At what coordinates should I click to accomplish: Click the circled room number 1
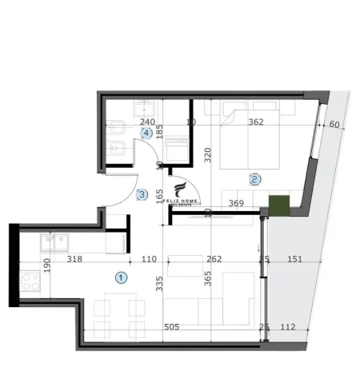pyautogui.click(x=121, y=277)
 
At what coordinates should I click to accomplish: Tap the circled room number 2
pyautogui.click(x=254, y=179)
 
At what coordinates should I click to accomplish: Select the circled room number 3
pyautogui.click(x=142, y=193)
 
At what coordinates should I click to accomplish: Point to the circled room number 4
pyautogui.click(x=146, y=133)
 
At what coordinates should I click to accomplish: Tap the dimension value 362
pyautogui.click(x=256, y=122)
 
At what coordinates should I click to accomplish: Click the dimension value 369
pyautogui.click(x=235, y=203)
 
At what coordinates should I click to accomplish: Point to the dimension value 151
pyautogui.click(x=294, y=259)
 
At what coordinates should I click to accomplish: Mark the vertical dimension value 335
pyautogui.click(x=159, y=283)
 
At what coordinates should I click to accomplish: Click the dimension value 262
pyautogui.click(x=213, y=259)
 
